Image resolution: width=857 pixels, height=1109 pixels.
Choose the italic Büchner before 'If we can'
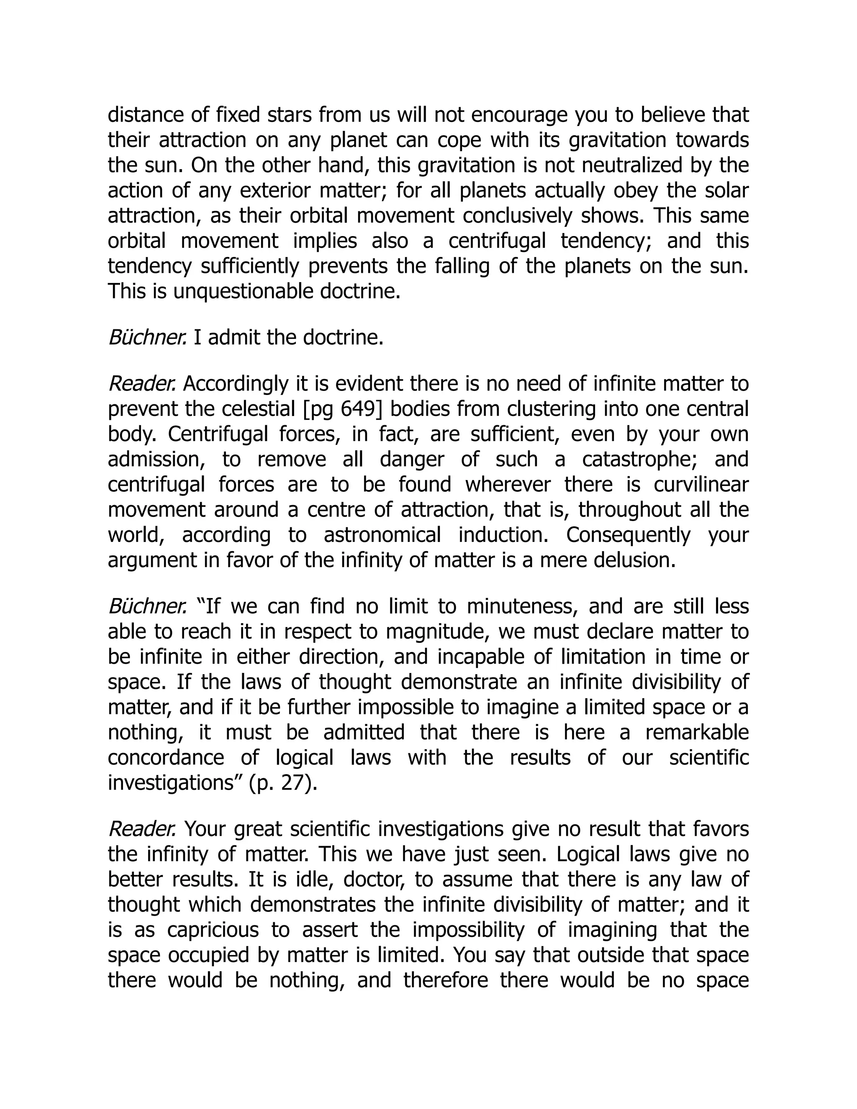point(147,606)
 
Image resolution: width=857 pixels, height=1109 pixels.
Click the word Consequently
point(629,535)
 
